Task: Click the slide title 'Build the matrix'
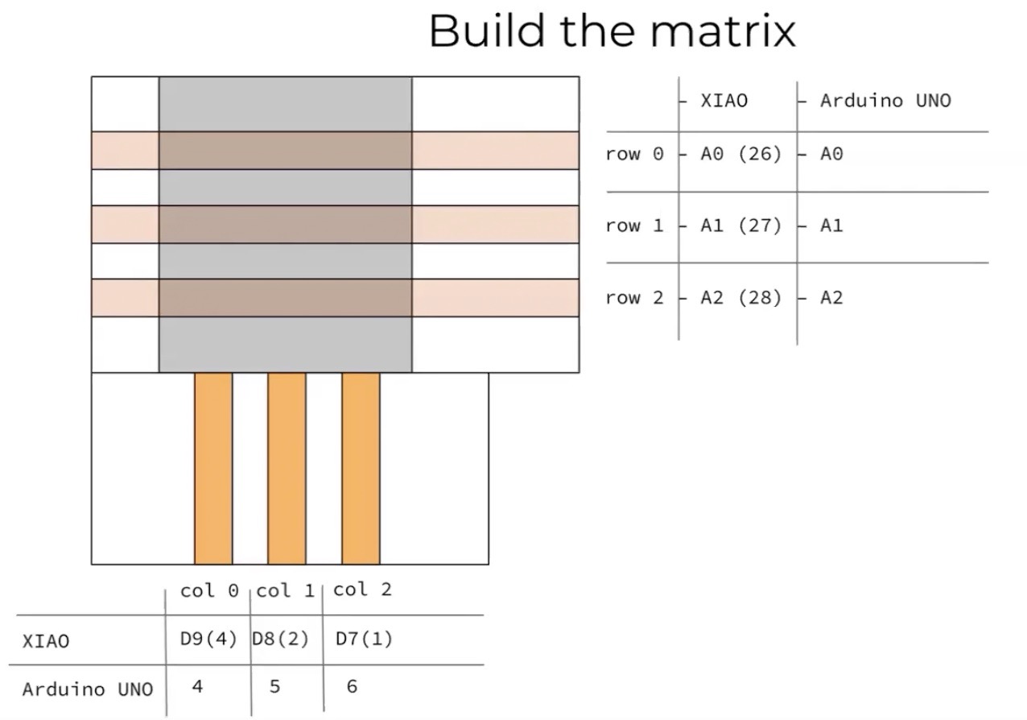[612, 31]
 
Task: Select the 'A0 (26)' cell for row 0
[740, 154]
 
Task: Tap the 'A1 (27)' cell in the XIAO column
[740, 226]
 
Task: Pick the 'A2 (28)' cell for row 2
[740, 298]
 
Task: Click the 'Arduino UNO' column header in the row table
[885, 101]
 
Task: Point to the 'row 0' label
[635, 154]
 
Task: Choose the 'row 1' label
[635, 226]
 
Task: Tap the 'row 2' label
[635, 298]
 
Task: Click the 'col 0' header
[209, 591]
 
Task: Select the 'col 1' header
[285, 591]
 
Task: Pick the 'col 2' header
[362, 590]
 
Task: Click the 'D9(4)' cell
[208, 639]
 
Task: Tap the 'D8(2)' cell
[281, 639]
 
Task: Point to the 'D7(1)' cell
[364, 639]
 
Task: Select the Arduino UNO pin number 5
[274, 687]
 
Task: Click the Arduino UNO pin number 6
[352, 687]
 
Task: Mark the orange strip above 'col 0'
[213, 468]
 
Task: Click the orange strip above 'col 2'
[361, 468]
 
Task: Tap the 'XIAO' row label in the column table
[46, 641]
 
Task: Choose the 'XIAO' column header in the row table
[724, 101]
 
